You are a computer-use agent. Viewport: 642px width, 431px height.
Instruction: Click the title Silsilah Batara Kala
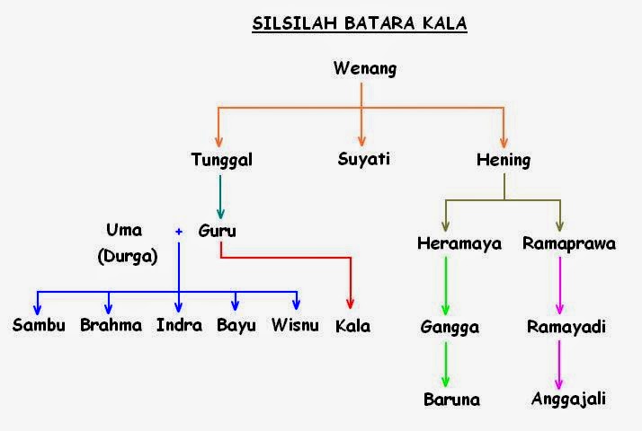click(x=360, y=23)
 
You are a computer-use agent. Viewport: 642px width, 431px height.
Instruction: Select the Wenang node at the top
click(x=364, y=68)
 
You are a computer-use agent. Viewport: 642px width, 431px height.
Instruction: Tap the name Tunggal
click(x=221, y=161)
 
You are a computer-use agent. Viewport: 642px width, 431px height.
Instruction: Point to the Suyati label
click(x=363, y=161)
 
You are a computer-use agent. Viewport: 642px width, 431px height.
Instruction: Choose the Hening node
click(x=504, y=161)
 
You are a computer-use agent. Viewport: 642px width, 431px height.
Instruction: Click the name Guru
click(x=217, y=231)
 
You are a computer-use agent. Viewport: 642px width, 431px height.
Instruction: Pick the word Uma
click(x=124, y=231)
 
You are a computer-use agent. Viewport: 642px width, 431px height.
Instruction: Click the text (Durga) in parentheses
click(x=127, y=256)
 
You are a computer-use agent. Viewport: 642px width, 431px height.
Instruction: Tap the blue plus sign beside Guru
click(x=179, y=232)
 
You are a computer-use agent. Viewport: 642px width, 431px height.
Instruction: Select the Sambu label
click(x=39, y=325)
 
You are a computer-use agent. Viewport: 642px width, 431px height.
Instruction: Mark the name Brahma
click(x=111, y=325)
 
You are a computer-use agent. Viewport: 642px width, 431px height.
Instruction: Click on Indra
click(x=178, y=325)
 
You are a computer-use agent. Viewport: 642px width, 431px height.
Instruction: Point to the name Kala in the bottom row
click(x=352, y=326)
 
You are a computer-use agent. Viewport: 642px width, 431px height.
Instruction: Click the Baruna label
click(x=451, y=400)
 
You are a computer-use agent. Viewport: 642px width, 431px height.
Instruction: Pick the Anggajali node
click(x=568, y=400)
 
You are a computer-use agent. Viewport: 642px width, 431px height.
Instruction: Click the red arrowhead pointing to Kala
click(x=351, y=303)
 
